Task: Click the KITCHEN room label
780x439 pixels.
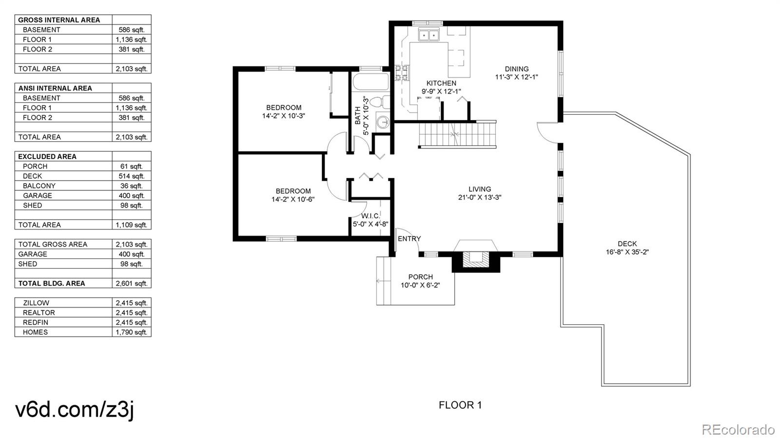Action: coord(441,83)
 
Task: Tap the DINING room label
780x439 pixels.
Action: coord(516,69)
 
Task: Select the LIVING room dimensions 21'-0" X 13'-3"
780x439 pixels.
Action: coord(480,198)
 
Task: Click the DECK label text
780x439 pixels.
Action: coord(627,244)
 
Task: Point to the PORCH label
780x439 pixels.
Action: coord(420,277)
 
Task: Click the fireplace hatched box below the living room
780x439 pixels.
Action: coord(476,259)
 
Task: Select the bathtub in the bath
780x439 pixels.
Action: coord(370,82)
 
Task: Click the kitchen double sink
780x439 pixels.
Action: coord(429,35)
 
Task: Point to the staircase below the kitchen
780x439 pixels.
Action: coord(457,134)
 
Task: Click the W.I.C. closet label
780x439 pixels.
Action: coord(370,216)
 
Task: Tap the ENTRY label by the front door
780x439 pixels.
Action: coord(409,239)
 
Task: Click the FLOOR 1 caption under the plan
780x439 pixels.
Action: coord(460,405)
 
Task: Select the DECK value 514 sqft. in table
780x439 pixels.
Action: coord(132,176)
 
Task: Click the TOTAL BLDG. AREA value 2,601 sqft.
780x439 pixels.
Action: coord(132,284)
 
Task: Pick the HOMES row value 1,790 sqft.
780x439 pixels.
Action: coord(132,333)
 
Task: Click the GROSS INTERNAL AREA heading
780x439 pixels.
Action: coord(59,20)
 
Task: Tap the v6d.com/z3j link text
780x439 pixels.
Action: coord(74,409)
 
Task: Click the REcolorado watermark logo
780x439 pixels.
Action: coord(738,430)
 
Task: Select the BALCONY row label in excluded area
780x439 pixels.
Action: coord(39,186)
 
